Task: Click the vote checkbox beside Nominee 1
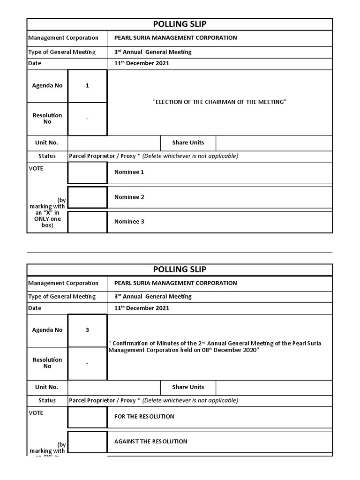click(88, 172)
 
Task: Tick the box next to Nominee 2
click(88, 197)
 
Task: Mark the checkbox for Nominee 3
click(88, 222)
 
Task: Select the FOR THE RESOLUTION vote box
click(88, 417)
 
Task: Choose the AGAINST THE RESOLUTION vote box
click(88, 442)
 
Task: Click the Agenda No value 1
click(87, 86)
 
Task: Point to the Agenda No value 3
click(87, 330)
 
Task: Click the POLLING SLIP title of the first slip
click(180, 24)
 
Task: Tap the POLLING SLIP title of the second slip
click(180, 269)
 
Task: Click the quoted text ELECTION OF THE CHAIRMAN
click(219, 102)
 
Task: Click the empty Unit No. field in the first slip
click(114, 142)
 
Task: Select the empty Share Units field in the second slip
click(274, 387)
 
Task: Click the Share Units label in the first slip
click(188, 142)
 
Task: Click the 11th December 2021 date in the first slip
click(142, 63)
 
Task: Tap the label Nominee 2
click(129, 197)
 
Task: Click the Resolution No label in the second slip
click(47, 363)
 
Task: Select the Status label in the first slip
click(47, 156)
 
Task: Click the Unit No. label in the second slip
click(47, 387)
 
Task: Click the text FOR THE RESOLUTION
click(144, 417)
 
